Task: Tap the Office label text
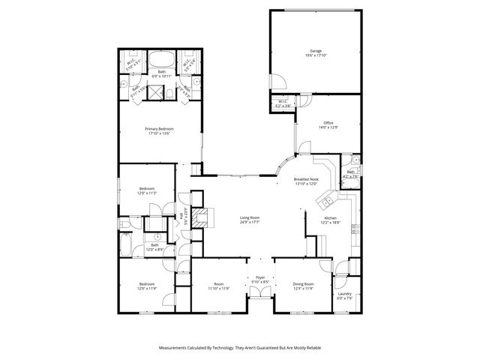(x=328, y=123)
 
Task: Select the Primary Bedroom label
(x=159, y=129)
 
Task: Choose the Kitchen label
(x=330, y=217)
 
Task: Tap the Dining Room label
(x=303, y=284)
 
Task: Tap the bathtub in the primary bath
(x=160, y=60)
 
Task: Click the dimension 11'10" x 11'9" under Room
(x=219, y=288)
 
